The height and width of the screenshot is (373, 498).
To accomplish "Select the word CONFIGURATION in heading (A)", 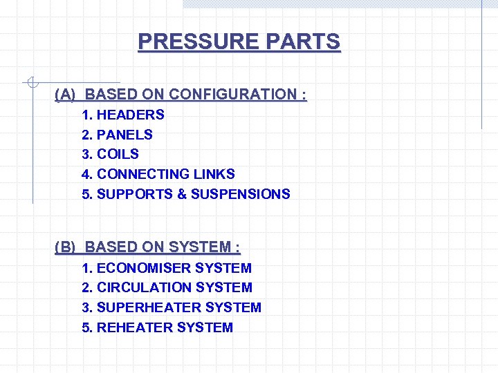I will click(233, 94).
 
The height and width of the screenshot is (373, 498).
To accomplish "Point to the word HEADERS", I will click(131, 115).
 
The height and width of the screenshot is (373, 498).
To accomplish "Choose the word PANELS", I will click(125, 135).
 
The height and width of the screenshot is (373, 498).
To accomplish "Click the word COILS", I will click(118, 154).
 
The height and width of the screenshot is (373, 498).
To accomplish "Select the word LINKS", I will click(214, 174).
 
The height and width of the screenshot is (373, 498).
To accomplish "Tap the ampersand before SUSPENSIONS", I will click(182, 194).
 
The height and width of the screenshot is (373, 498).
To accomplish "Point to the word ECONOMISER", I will click(144, 268).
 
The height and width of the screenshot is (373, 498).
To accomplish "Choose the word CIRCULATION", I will click(144, 287).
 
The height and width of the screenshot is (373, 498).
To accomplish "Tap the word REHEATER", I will click(135, 327).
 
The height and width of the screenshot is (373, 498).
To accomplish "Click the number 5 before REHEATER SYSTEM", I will click(86, 327).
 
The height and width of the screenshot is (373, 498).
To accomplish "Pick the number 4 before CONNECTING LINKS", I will click(86, 174).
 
